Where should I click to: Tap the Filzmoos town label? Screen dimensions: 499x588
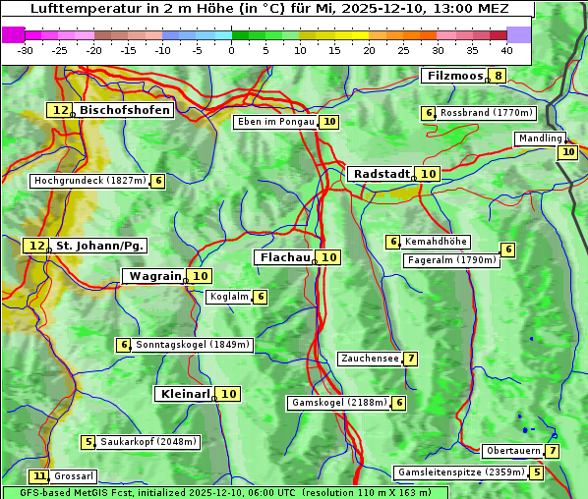454,76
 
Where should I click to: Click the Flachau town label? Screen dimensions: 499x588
284,257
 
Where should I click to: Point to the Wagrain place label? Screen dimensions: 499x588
155,276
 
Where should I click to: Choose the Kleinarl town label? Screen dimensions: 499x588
184,394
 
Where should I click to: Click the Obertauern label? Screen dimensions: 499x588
512,451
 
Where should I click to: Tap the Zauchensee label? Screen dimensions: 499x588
370,359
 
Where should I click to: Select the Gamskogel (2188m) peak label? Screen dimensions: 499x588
339,403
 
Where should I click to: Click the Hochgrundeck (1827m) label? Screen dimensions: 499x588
89,181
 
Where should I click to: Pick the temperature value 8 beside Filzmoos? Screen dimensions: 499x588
499,76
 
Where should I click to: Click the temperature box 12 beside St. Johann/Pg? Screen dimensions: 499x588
36,245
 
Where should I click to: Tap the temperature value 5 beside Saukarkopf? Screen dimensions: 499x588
88,442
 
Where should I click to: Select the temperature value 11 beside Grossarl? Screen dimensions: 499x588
39,476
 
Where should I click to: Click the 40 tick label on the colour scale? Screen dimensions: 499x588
506,50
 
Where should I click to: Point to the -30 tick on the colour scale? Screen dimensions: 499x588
27,50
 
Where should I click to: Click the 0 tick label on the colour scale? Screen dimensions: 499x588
231,50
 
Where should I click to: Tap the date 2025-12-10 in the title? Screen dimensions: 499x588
393,9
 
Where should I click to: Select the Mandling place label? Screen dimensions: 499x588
540,139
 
